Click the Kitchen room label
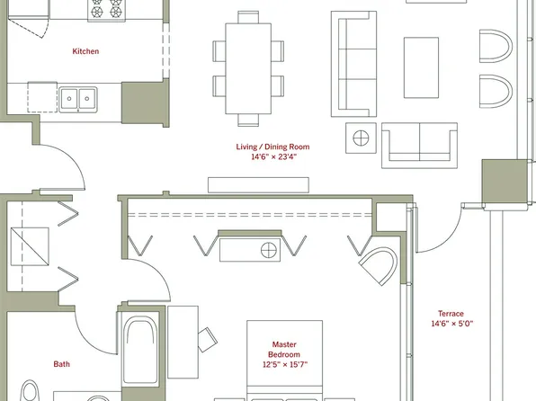click(85, 51)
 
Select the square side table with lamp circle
click(362, 138)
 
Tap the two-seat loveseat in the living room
click(419, 145)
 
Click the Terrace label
click(451, 313)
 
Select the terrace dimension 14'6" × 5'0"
click(451, 324)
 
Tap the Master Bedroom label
click(284, 349)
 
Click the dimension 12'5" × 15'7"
click(284, 365)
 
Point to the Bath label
click(61, 364)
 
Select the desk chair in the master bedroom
click(207, 339)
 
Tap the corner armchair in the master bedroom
click(378, 267)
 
